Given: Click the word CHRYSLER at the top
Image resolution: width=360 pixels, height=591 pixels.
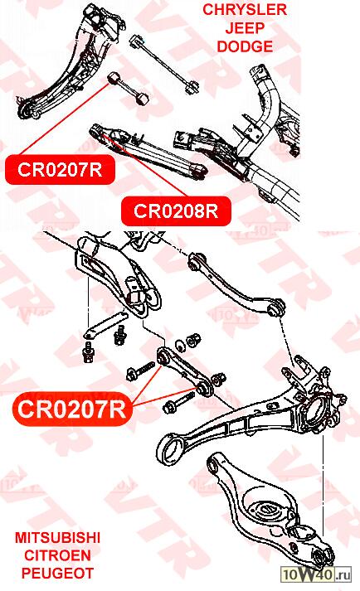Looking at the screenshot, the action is pos(245,10).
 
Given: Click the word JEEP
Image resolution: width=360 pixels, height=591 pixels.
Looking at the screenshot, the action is pos(245,28).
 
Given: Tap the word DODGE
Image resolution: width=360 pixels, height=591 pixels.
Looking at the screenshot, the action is pos(245,46).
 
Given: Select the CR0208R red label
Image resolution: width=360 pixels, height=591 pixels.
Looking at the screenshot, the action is pos(176,211).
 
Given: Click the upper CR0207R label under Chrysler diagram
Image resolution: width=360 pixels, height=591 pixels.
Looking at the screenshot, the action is pos(60,170).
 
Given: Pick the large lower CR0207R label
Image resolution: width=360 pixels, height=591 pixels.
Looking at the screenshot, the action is pos(71,409).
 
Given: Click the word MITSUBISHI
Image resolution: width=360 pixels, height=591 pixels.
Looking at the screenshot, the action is pos(57,537).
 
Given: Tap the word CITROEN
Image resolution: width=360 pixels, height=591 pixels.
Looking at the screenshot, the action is pos(57,555).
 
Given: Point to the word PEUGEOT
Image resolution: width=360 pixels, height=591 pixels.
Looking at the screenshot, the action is pos(57,574).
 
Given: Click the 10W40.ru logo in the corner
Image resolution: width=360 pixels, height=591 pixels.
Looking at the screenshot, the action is pos(316,574).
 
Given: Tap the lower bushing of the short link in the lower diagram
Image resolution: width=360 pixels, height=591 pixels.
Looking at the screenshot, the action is pos(204,389).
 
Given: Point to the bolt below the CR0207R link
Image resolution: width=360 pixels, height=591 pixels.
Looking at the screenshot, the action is pos(178,402).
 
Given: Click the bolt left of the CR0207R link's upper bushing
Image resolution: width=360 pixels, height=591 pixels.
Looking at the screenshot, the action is pos(140,371).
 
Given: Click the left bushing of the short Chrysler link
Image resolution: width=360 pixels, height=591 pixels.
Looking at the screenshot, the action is pos(112,79).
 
